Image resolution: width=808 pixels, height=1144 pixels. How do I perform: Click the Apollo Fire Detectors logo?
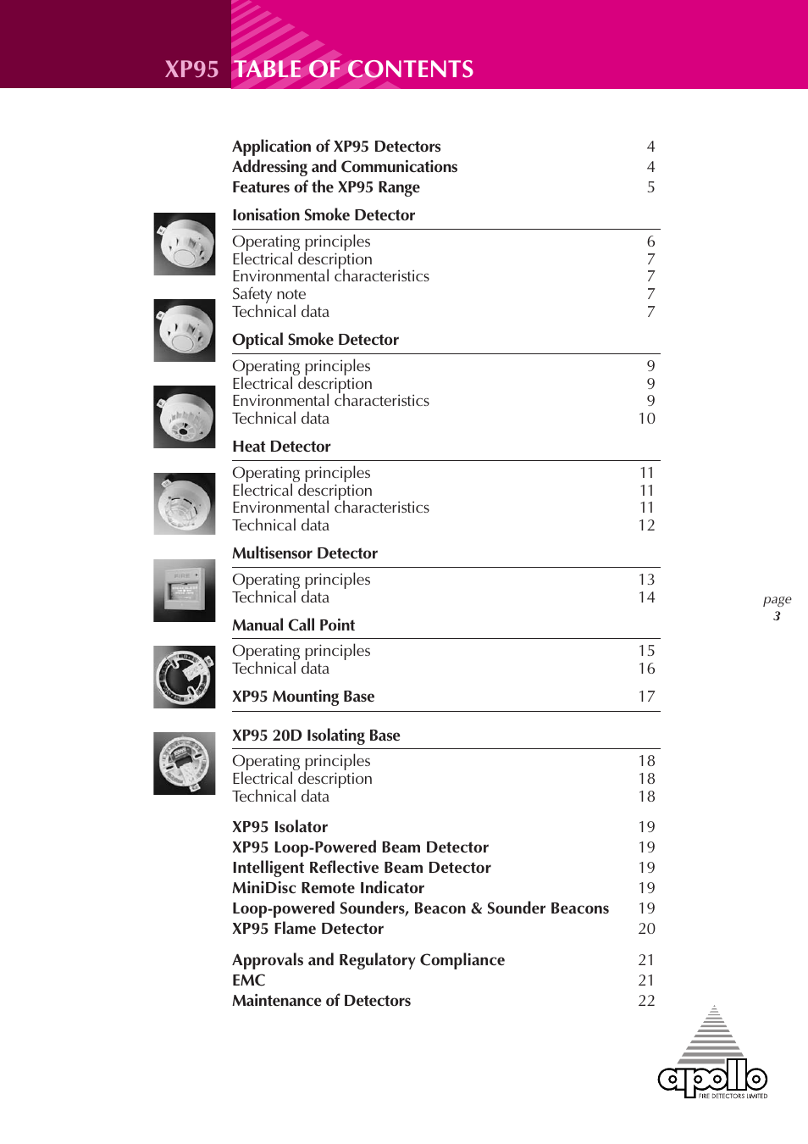(713, 1056)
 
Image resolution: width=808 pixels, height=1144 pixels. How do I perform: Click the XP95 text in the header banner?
(191, 69)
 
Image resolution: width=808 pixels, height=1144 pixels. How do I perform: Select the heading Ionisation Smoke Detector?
(324, 215)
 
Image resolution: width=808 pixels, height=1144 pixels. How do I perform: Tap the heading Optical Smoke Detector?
(315, 340)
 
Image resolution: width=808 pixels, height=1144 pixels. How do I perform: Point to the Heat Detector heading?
(281, 447)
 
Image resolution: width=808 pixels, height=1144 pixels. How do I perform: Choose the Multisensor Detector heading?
(305, 553)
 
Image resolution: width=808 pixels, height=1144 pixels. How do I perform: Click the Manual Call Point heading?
(293, 625)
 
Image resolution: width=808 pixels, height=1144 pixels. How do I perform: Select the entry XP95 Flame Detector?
(307, 929)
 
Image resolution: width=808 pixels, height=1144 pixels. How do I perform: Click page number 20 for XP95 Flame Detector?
(646, 929)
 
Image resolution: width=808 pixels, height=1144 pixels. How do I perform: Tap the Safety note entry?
(268, 294)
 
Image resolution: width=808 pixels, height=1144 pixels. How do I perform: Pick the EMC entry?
(248, 980)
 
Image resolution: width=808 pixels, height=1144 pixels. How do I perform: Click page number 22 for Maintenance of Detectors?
(646, 1001)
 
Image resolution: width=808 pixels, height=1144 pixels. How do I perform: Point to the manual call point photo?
(185, 591)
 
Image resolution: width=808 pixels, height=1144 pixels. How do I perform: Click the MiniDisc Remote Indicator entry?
(328, 888)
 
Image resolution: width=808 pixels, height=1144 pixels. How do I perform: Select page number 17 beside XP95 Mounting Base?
(646, 697)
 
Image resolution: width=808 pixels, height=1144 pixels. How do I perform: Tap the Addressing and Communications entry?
(345, 167)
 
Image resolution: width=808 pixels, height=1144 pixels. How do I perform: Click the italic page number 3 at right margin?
(777, 616)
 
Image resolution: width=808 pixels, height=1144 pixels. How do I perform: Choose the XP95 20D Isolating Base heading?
(316, 736)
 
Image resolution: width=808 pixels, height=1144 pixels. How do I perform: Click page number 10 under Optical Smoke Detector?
(646, 419)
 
